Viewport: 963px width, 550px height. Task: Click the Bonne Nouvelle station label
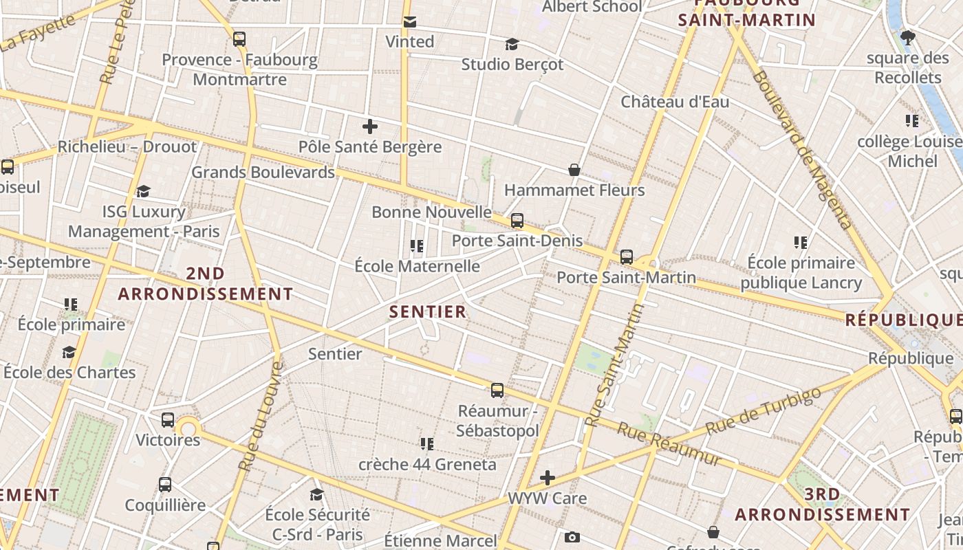point(431,212)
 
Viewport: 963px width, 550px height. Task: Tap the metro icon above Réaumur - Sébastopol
point(497,390)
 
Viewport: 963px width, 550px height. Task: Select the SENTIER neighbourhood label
point(428,311)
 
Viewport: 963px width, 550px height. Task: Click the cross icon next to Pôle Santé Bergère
point(370,126)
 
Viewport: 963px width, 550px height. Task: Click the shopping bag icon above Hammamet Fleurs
point(574,170)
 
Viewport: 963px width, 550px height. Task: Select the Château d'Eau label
point(675,102)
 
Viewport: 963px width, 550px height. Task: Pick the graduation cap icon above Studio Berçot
point(512,45)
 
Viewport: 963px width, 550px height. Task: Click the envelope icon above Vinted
point(410,22)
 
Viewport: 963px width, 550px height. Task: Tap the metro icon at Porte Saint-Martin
point(626,257)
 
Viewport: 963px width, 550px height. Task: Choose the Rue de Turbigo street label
point(764,410)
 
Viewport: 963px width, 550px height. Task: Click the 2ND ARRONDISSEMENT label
point(205,284)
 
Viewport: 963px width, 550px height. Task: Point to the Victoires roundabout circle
point(188,430)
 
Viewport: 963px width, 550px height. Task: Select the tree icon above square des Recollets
point(908,38)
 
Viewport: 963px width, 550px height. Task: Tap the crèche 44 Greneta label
point(427,464)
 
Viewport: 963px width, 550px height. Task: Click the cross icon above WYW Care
point(548,477)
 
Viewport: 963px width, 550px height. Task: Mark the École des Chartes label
point(69,372)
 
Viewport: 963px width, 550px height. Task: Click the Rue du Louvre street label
point(260,417)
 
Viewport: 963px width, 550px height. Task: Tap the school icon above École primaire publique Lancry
point(801,242)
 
